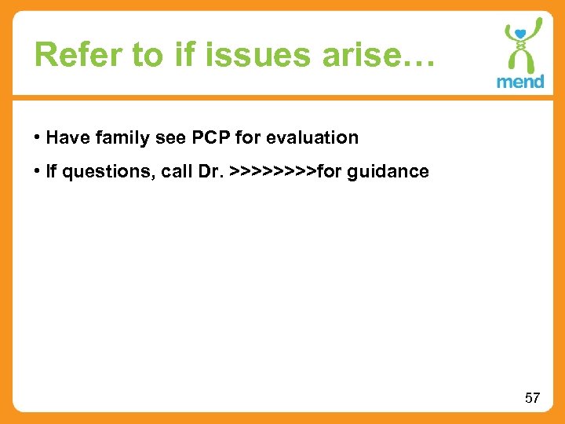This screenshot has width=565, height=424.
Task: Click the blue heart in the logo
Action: pyautogui.click(x=519, y=33)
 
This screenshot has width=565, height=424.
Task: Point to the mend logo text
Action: pyautogui.click(x=519, y=82)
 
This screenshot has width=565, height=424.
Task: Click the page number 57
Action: pyautogui.click(x=532, y=398)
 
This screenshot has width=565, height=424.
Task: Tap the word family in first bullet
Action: pyautogui.click(x=115, y=138)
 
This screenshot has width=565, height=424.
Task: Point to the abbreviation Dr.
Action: pyautogui.click(x=213, y=171)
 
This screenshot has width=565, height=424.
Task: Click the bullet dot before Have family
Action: pyautogui.click(x=38, y=138)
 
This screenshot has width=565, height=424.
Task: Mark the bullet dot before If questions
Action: pyautogui.click(x=38, y=171)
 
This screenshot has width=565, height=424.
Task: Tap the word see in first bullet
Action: pyautogui.click(x=162, y=138)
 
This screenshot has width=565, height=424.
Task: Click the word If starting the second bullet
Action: pyautogui.click(x=51, y=171)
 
